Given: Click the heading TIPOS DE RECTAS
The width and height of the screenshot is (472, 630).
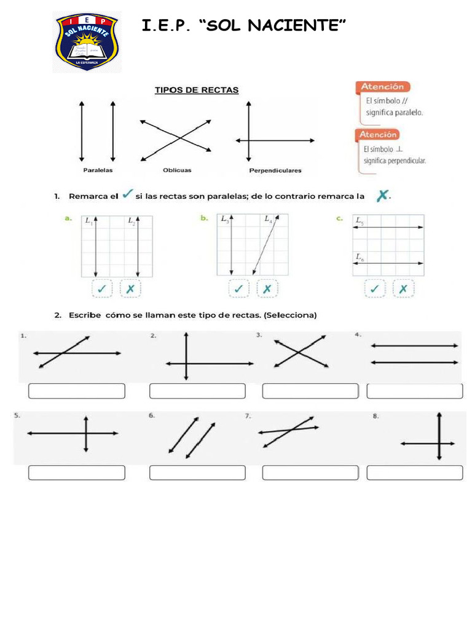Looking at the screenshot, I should [x=196, y=90].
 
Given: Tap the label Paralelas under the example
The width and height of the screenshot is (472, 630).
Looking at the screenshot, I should [x=98, y=170].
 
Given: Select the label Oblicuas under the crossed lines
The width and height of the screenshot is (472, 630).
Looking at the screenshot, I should [x=177, y=170].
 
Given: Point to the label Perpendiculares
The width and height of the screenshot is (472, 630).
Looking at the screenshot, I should [x=275, y=170].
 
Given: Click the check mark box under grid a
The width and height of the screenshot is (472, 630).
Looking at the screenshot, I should [x=101, y=288].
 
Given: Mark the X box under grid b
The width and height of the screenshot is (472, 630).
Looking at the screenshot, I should [x=267, y=288].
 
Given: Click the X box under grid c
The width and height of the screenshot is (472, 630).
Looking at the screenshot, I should [x=403, y=288].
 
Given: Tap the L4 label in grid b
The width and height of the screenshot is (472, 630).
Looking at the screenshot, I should [x=269, y=219].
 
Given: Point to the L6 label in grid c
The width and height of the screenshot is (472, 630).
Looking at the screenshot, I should [x=359, y=257].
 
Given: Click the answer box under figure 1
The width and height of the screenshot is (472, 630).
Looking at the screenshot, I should [x=77, y=391].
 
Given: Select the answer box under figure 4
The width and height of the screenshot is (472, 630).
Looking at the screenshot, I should [x=415, y=391].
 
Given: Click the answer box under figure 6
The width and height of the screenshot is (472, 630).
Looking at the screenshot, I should [x=197, y=472].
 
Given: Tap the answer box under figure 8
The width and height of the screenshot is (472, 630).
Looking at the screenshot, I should [x=415, y=472].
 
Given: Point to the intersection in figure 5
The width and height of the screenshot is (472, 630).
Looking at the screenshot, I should [x=86, y=434].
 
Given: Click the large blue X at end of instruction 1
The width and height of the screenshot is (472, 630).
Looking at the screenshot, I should [x=382, y=196].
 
